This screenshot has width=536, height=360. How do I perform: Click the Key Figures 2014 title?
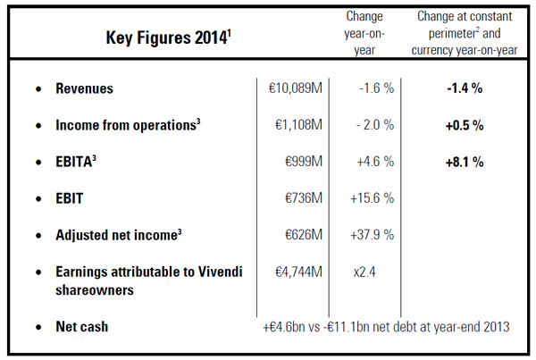click(x=169, y=37)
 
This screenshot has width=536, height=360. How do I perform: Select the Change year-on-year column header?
click(x=364, y=33)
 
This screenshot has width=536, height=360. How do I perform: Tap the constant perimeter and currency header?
click(x=465, y=33)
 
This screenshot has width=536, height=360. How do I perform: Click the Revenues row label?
click(x=85, y=88)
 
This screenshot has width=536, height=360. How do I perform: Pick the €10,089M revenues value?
click(x=296, y=88)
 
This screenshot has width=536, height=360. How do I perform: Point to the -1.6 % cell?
click(x=377, y=88)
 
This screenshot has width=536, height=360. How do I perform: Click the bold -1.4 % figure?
click(x=465, y=88)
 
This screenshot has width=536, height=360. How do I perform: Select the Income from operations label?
click(x=128, y=125)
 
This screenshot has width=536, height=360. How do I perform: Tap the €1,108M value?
click(x=299, y=125)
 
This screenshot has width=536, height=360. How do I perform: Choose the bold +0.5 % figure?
click(x=465, y=125)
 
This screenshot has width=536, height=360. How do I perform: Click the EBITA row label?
click(x=76, y=162)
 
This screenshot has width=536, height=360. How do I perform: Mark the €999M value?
click(x=304, y=162)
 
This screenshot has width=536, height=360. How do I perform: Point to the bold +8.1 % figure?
click(x=465, y=162)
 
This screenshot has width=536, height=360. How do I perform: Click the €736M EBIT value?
click(x=304, y=198)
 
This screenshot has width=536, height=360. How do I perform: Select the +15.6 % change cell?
click(x=373, y=198)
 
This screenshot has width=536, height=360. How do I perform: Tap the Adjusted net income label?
click(x=119, y=235)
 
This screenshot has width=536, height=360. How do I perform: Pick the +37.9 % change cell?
click(x=373, y=235)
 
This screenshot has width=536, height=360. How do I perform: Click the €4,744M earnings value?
click(x=299, y=272)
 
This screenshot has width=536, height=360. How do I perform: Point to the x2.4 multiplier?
click(x=364, y=272)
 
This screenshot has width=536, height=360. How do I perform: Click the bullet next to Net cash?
click(x=38, y=327)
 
